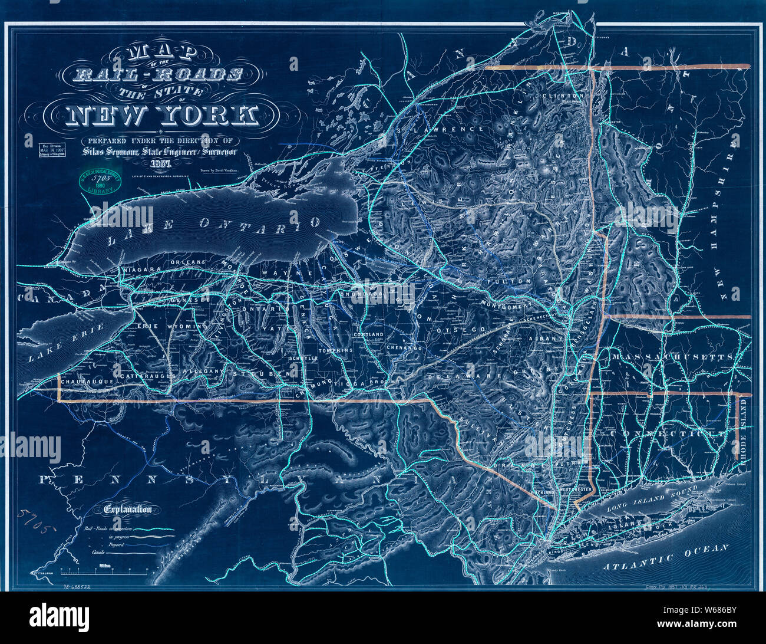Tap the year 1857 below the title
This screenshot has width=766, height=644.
coord(160,163)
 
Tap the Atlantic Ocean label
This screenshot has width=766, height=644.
coord(666,557)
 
